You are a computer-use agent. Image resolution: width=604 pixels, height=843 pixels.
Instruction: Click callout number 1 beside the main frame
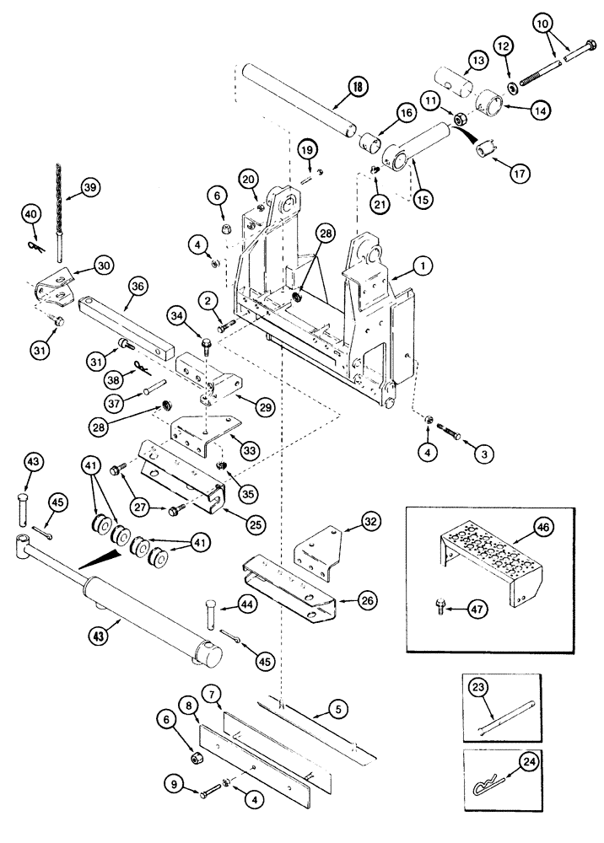click(423, 266)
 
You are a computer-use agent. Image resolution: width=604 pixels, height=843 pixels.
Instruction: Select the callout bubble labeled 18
click(357, 86)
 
